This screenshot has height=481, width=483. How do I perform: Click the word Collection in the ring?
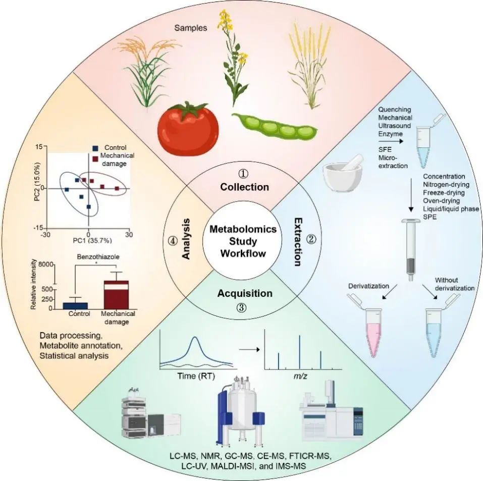click(x=244, y=187)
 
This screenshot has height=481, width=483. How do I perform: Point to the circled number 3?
click(x=241, y=308)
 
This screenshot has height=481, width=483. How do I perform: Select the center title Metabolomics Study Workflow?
click(x=244, y=241)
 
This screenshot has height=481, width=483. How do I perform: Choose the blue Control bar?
click(x=75, y=305)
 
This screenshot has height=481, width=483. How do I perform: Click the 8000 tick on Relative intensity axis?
click(x=47, y=264)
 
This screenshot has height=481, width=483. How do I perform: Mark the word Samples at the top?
click(x=190, y=28)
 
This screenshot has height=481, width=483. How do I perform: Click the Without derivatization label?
click(x=454, y=284)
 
